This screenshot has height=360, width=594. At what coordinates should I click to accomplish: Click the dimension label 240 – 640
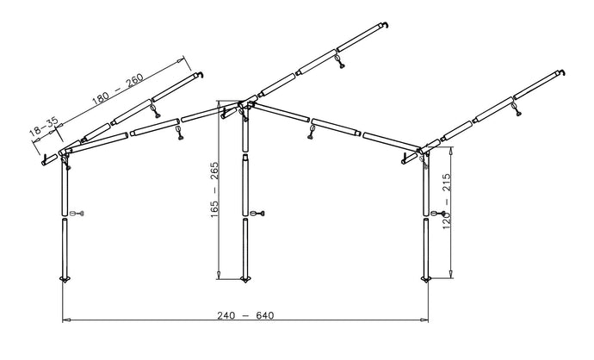point(245,315)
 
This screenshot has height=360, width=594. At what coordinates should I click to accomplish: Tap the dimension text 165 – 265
point(214,189)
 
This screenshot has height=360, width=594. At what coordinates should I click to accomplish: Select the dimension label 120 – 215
point(447,202)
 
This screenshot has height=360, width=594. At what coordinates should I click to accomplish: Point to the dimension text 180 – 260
point(118,90)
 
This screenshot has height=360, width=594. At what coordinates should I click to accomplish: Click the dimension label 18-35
point(44,127)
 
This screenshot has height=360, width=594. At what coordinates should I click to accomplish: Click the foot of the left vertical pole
point(65,280)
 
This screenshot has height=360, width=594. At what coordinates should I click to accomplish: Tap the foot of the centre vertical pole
point(245,280)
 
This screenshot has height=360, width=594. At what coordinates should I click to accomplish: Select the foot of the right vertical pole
point(426,280)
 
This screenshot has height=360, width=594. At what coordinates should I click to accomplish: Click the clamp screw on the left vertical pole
point(77,214)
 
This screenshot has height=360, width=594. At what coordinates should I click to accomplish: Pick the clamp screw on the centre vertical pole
point(257,214)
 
